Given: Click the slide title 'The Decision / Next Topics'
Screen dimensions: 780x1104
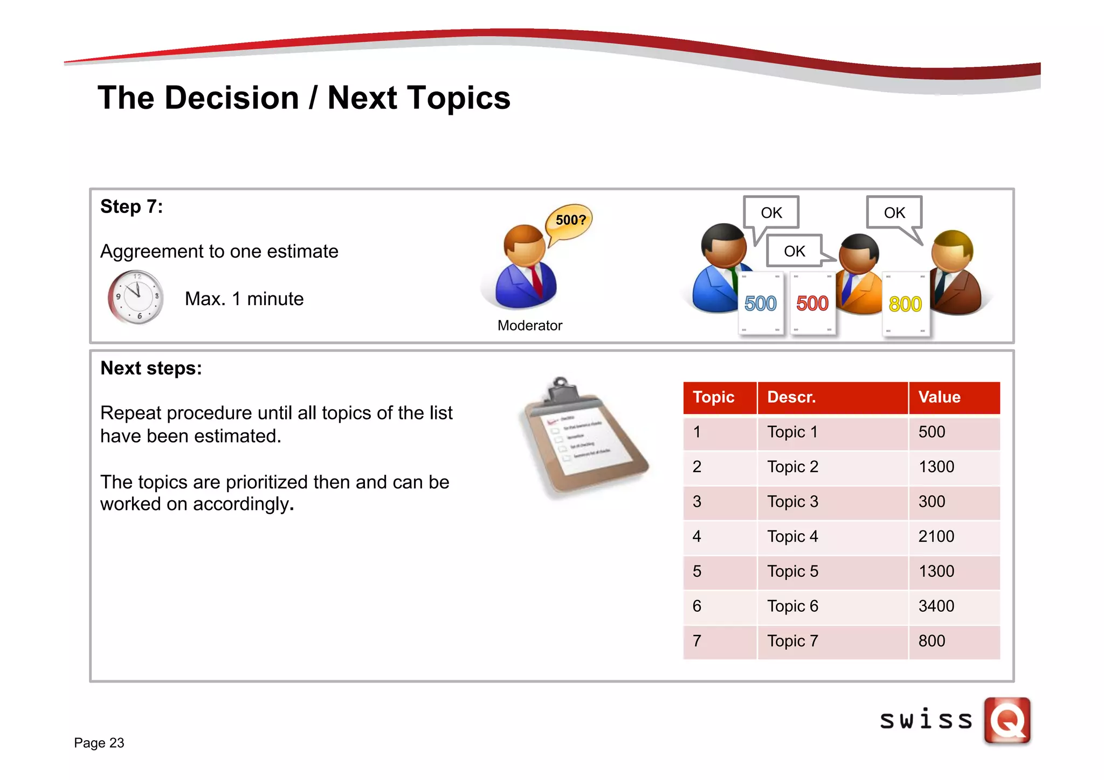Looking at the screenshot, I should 303,98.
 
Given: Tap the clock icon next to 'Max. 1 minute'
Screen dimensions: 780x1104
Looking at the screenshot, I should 136,297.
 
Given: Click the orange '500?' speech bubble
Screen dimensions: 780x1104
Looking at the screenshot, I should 569,220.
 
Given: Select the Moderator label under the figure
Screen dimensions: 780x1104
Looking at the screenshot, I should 529,326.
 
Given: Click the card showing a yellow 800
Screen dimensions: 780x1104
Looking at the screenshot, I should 906,305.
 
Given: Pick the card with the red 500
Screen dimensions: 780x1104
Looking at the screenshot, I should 812,303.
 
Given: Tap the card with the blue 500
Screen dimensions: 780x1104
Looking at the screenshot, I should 760,303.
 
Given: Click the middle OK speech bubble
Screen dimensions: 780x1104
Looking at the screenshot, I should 795,251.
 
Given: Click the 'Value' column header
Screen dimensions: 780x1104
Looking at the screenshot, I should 940,397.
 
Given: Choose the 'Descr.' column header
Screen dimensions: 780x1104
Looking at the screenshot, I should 791,397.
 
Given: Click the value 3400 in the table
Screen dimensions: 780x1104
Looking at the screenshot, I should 936,606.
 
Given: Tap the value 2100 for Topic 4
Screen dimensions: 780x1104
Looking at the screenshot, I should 936,536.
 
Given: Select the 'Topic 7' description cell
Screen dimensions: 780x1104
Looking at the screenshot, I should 792,641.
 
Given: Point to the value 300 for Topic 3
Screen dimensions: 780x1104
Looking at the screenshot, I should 931,501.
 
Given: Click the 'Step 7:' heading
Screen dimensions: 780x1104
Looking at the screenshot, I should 132,206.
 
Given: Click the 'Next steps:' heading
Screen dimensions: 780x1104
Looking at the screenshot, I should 151,368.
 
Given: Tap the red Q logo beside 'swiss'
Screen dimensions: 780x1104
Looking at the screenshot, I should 1007,720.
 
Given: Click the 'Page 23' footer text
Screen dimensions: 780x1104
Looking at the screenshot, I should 99,743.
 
